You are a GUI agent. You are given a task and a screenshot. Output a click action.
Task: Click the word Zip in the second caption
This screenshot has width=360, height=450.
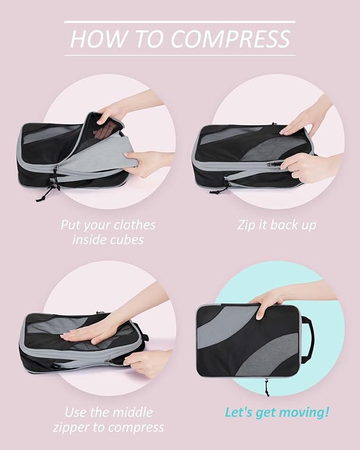tap(245, 225)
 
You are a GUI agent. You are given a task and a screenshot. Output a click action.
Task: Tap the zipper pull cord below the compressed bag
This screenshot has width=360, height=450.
tap(265, 386)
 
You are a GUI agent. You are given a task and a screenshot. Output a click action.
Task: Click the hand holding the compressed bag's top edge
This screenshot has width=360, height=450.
tap(265, 306)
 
